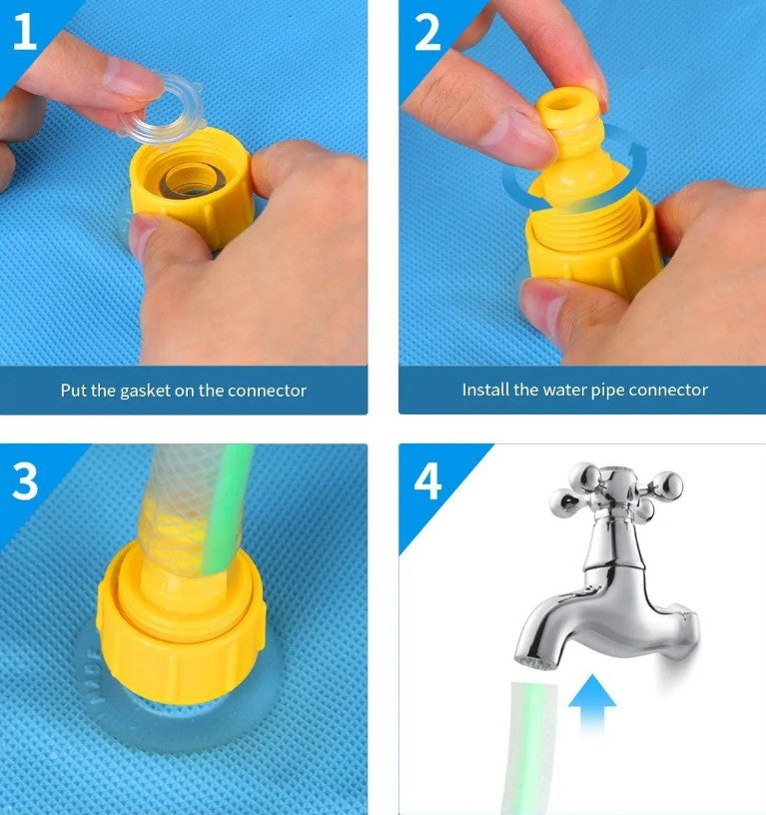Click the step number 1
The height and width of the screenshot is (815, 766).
point(24,32)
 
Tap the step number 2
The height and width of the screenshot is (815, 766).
point(427,32)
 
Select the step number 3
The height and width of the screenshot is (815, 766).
point(24,481)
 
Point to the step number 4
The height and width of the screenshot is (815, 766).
point(427,481)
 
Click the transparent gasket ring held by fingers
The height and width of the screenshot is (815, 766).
point(162,110)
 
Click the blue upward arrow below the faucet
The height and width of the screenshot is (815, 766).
point(592,704)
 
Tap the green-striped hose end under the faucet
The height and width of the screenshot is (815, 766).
point(532,748)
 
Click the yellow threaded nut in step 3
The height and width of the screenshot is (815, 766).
point(181,623)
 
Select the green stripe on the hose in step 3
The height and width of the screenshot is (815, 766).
point(227,509)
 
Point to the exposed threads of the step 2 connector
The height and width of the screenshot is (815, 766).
point(587,221)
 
